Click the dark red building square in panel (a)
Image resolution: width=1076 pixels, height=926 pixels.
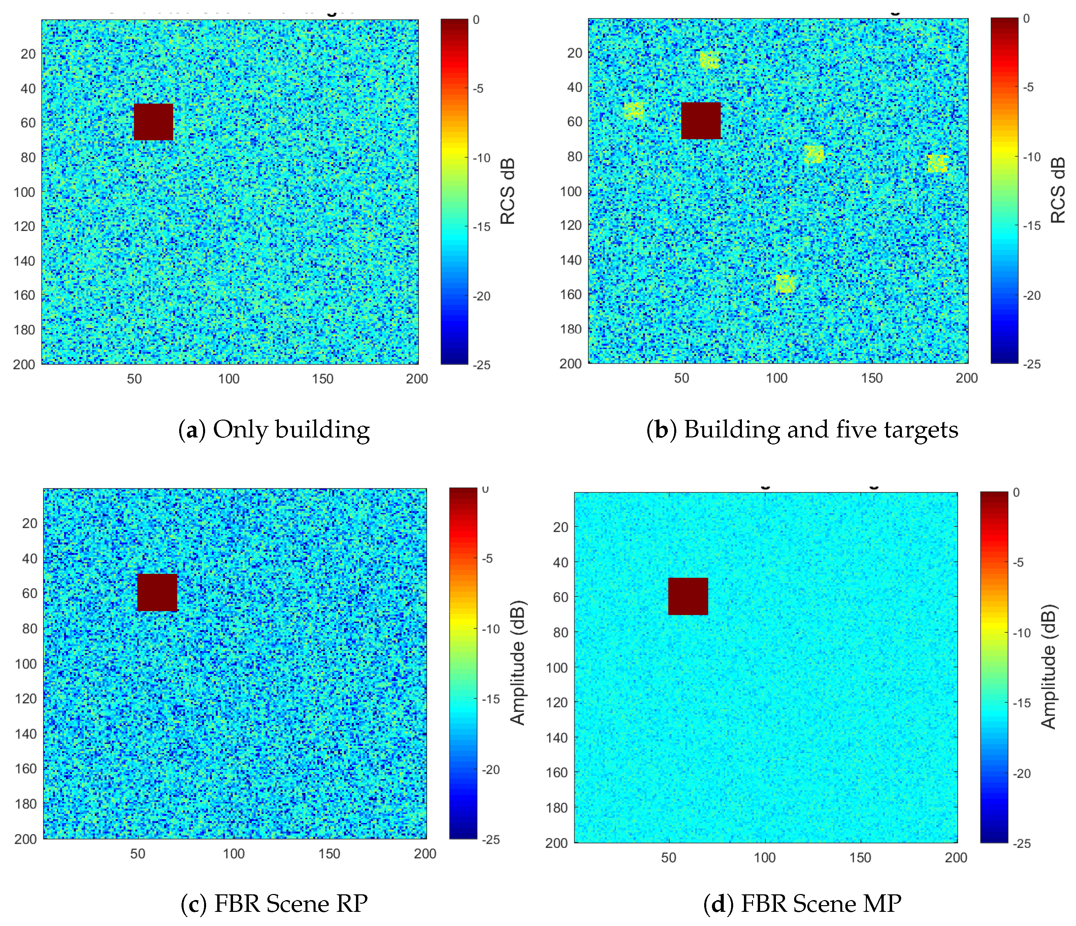pos(153,122)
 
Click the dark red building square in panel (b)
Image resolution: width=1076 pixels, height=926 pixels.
pos(700,121)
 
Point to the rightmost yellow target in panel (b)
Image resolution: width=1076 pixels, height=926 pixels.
pos(937,163)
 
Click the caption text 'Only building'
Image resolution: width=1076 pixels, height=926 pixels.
pos(291,430)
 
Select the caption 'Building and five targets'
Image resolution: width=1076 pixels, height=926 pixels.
pos(820,430)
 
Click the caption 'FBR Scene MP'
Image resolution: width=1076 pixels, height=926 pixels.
pos(820,904)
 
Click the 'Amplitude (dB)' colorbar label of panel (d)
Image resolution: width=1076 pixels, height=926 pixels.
pos(1048,666)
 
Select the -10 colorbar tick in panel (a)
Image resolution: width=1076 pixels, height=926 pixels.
pos(481,158)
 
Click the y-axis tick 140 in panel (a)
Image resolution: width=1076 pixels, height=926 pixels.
pos(24,261)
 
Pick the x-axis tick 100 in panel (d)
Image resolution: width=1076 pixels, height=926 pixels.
pos(764,857)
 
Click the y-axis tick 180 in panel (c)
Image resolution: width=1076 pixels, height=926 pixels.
pos(26,804)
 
